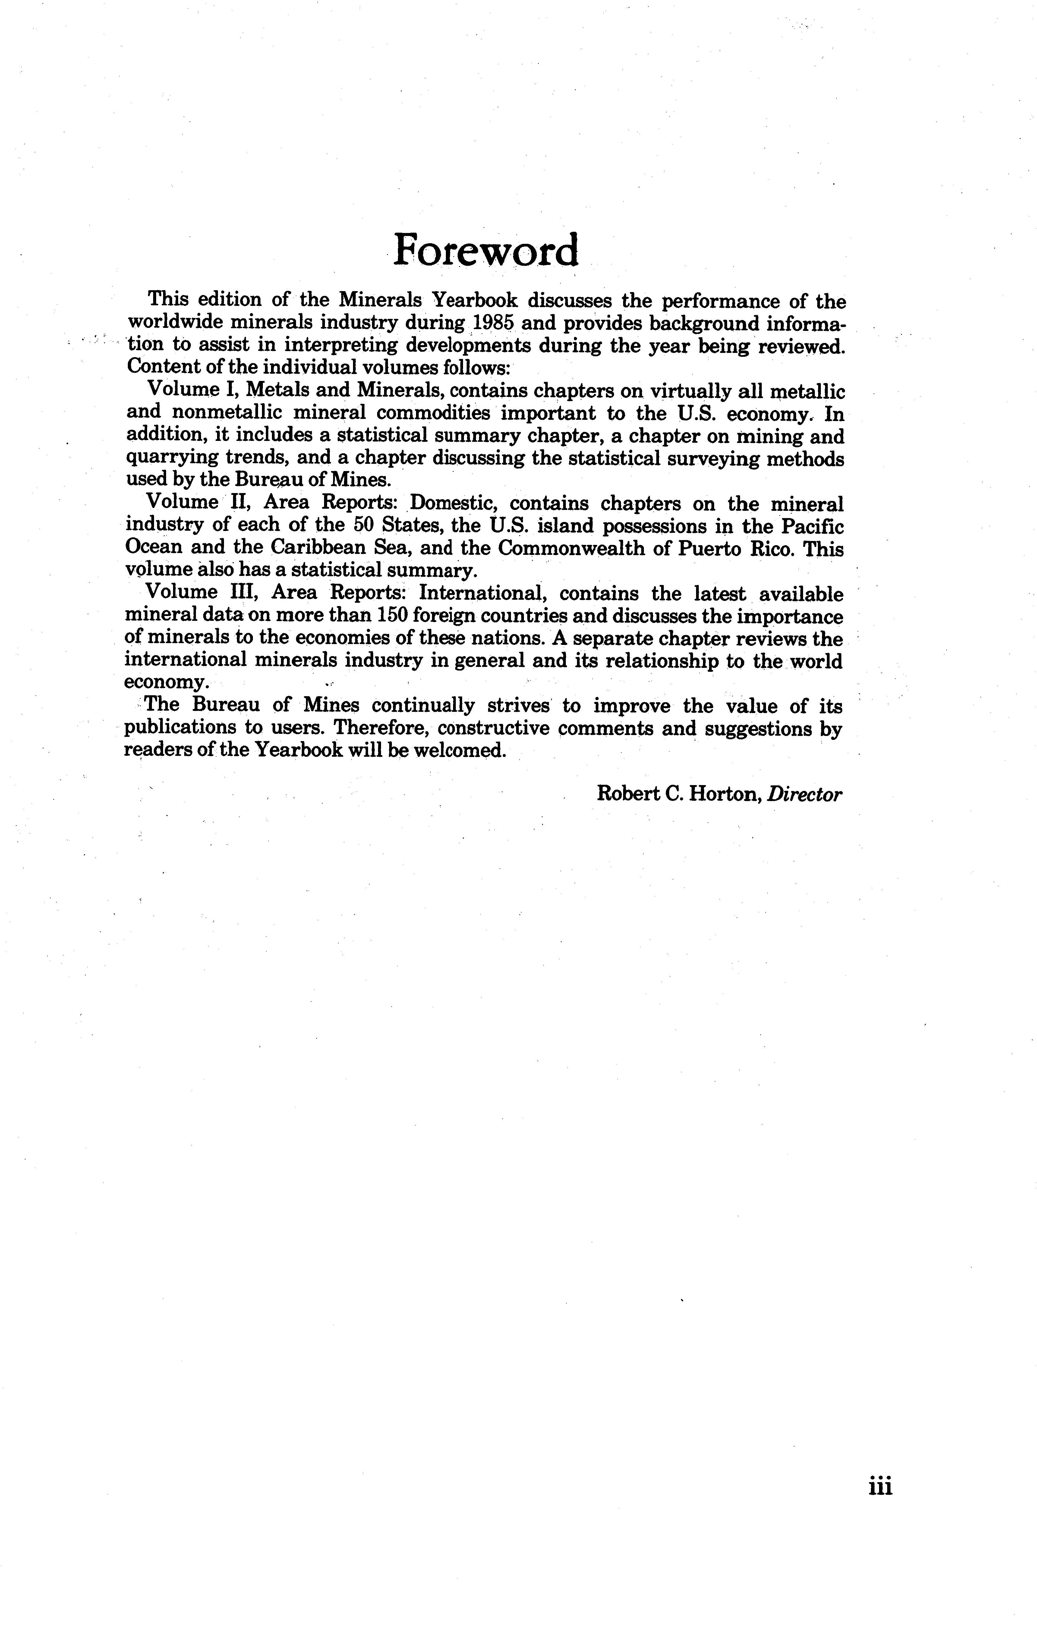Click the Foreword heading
coord(486,250)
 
